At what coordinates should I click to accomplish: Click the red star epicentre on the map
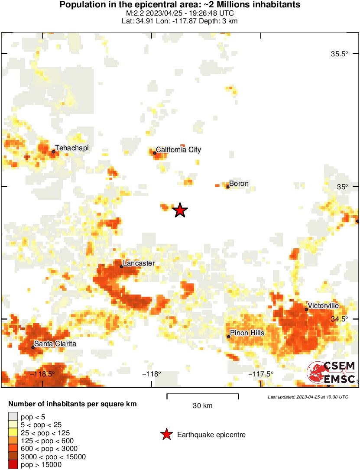tap(180, 211)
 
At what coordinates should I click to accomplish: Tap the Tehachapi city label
tap(71, 148)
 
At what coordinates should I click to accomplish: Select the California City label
tap(178, 150)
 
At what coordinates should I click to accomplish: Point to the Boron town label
tap(239, 184)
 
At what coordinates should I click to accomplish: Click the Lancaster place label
tap(139, 263)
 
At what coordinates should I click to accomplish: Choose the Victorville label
tap(323, 306)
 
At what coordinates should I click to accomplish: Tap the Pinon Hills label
tap(247, 333)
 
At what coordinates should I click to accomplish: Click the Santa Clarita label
tap(55, 344)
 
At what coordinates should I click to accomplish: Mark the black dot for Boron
tap(228, 187)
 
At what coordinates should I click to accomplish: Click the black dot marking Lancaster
tap(122, 266)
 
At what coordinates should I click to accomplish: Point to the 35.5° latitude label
tap(339, 54)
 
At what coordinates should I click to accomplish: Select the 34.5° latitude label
tap(339, 319)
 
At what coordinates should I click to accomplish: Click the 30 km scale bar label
tap(203, 406)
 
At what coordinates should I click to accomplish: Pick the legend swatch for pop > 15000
tap(13, 464)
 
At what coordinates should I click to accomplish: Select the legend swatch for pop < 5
tap(13, 417)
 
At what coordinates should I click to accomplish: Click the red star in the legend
tap(166, 434)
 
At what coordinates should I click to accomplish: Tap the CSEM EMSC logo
tap(331, 372)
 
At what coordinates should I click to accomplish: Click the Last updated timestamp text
tap(308, 397)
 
